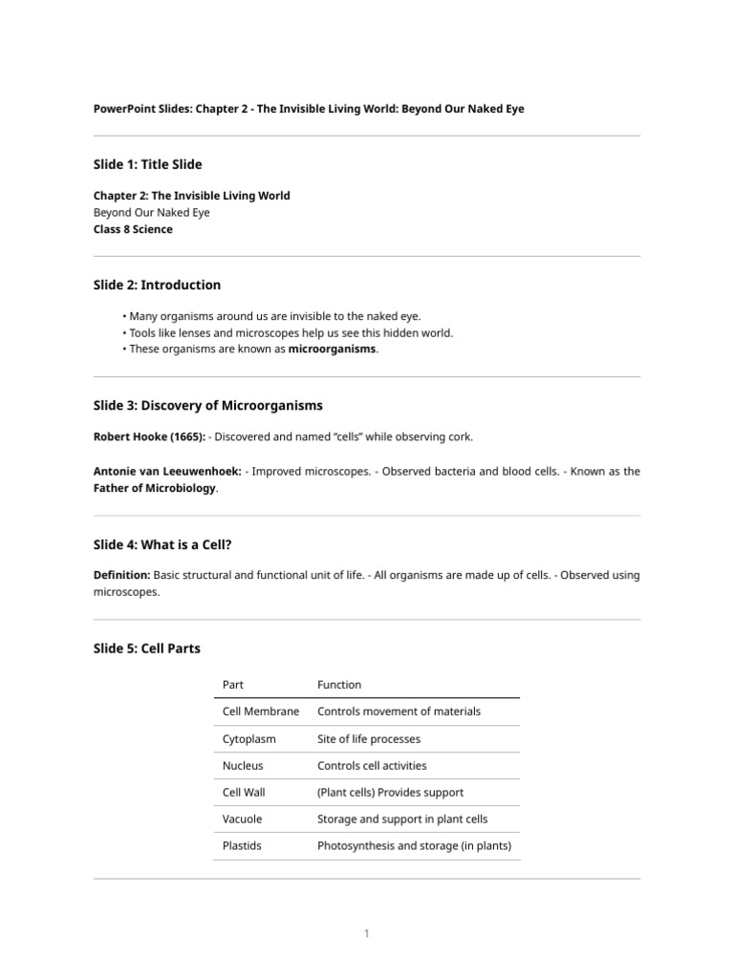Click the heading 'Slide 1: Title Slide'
(x=147, y=164)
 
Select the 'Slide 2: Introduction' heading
(x=157, y=285)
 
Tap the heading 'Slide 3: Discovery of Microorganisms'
(x=207, y=405)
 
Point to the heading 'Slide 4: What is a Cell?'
(x=162, y=544)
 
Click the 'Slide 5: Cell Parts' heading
(x=146, y=648)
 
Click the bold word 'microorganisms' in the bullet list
(x=333, y=350)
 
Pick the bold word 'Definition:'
(x=121, y=575)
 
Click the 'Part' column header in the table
(x=233, y=684)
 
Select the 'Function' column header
(x=339, y=684)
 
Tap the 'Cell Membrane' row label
(x=260, y=712)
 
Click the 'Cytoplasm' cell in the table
(x=242, y=738)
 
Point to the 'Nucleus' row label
(x=243, y=765)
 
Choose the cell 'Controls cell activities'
(x=372, y=765)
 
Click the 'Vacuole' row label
(x=242, y=819)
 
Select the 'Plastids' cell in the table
(x=242, y=845)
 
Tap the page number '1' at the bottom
(x=367, y=933)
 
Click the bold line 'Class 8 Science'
(x=133, y=229)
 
